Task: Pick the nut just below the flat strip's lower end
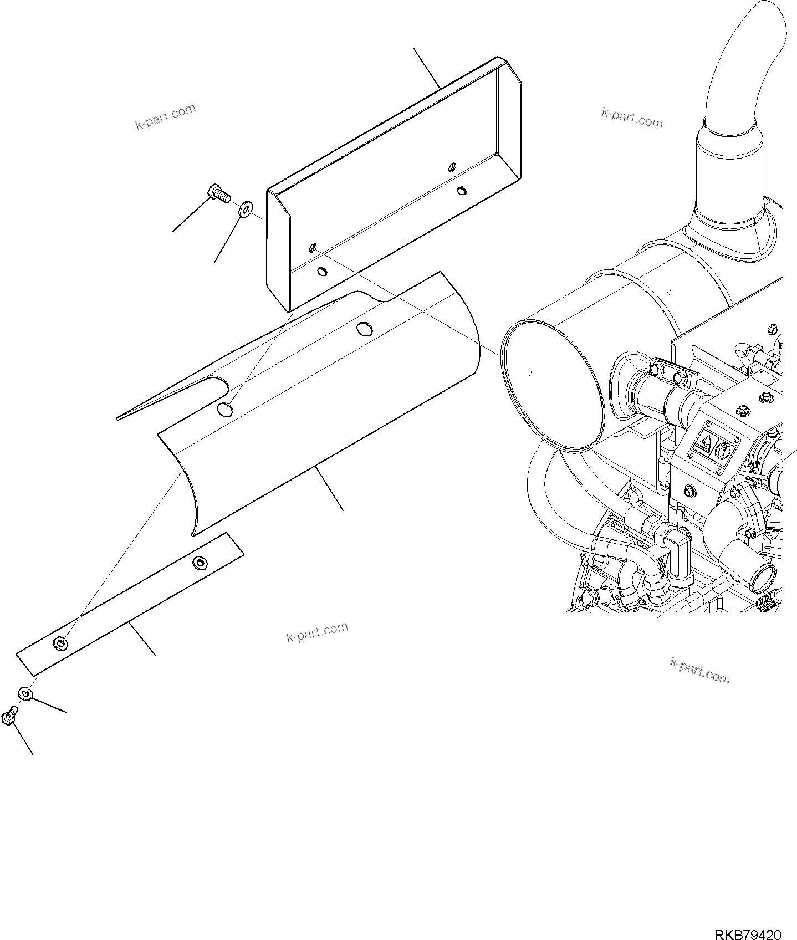pyautogui.click(x=25, y=693)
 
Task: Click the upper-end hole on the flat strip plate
pyautogui.click(x=199, y=563)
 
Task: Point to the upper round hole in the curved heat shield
pyautogui.click(x=364, y=328)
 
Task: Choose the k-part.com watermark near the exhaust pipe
pyautogui.click(x=632, y=117)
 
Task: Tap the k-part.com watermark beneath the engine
pyautogui.click(x=699, y=671)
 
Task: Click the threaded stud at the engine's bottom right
pyautogui.click(x=771, y=600)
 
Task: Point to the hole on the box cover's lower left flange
pyautogui.click(x=321, y=272)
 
